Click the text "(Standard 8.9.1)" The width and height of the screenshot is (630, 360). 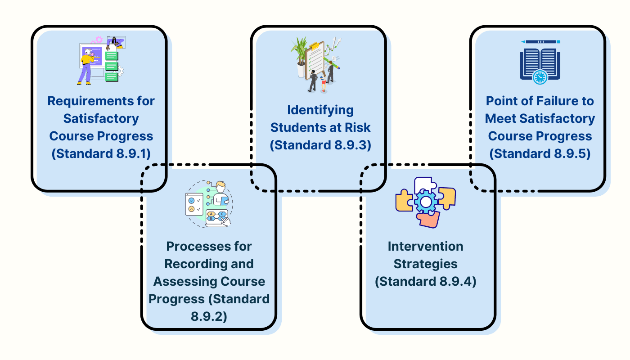(x=101, y=153)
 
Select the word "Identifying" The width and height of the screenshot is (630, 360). (x=320, y=110)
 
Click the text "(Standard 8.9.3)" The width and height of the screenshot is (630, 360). (x=320, y=145)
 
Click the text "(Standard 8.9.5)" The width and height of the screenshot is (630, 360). (x=540, y=153)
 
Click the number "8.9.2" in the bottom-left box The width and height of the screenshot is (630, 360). (x=209, y=316)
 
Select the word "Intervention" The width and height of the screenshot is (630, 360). (x=425, y=246)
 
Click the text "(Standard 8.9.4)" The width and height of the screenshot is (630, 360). (x=425, y=281)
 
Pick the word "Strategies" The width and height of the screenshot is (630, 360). (x=425, y=264)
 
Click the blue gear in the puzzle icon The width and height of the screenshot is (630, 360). (x=425, y=202)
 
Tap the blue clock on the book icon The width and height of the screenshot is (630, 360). (x=540, y=77)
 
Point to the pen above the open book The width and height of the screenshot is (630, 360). (x=540, y=42)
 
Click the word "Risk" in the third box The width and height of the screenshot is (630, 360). (x=358, y=127)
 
